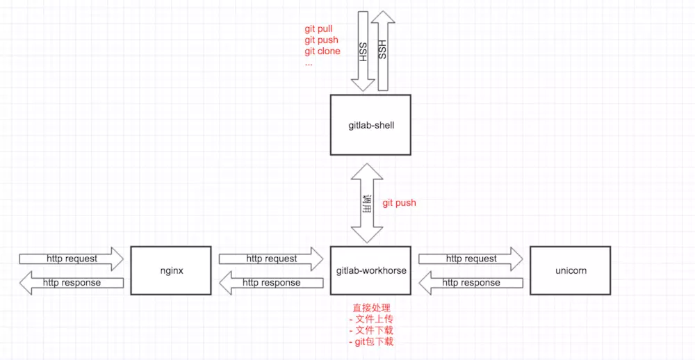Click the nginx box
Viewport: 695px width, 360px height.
tap(171, 270)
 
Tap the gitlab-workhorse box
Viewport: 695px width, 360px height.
tap(370, 270)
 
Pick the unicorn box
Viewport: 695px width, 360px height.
tap(570, 270)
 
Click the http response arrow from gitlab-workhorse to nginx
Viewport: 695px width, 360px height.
tap(271, 283)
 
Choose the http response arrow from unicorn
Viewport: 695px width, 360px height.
tap(471, 283)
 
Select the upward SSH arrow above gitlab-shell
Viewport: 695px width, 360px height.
tap(382, 52)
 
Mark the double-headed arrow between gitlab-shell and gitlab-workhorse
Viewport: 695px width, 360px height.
tap(366, 203)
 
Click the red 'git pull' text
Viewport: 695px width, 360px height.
tap(319, 29)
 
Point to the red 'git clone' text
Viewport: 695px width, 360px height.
tap(322, 51)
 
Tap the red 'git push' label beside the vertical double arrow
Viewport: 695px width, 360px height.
tap(399, 203)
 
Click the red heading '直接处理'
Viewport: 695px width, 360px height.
tap(370, 308)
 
